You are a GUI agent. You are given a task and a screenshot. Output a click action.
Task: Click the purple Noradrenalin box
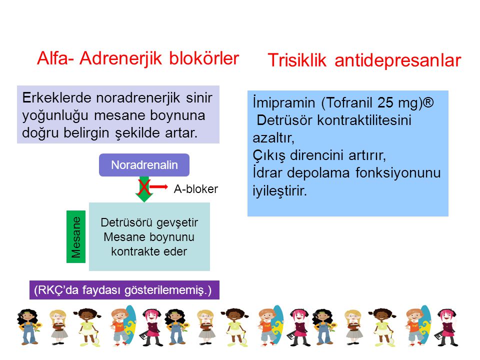click(x=144, y=165)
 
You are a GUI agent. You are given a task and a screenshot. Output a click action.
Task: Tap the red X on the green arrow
click(x=144, y=187)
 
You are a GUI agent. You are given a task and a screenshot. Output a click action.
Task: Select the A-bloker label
click(x=196, y=189)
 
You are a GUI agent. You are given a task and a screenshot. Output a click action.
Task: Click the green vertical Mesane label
click(x=76, y=236)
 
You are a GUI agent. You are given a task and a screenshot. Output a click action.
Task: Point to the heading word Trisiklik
click(x=297, y=60)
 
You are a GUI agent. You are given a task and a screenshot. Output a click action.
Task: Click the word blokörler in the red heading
click(x=204, y=58)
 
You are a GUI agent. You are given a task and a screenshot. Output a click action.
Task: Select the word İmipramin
click(x=284, y=103)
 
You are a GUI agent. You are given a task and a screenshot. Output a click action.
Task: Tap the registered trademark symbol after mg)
click(x=428, y=102)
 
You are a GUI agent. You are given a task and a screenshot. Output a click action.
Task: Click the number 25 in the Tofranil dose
click(x=385, y=102)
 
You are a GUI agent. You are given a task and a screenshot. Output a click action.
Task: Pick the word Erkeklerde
click(x=56, y=98)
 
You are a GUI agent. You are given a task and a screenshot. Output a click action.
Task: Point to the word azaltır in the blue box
click(x=273, y=138)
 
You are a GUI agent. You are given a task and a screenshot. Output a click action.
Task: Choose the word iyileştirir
click(x=279, y=190)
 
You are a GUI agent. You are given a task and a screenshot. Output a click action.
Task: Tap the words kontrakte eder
click(x=149, y=251)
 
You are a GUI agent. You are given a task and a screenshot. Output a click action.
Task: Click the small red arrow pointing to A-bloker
click(x=158, y=186)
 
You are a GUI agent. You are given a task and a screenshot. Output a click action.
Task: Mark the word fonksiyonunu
click(x=398, y=172)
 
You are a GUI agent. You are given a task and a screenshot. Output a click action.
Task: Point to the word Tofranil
click(x=349, y=102)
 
